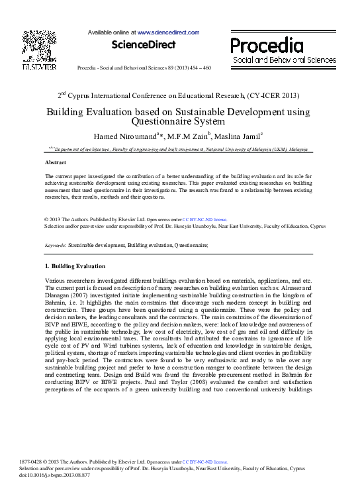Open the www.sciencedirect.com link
click(168, 32)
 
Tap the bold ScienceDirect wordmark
click(144, 45)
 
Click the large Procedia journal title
click(267, 45)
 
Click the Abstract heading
click(55, 162)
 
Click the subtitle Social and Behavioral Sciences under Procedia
click(284, 60)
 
